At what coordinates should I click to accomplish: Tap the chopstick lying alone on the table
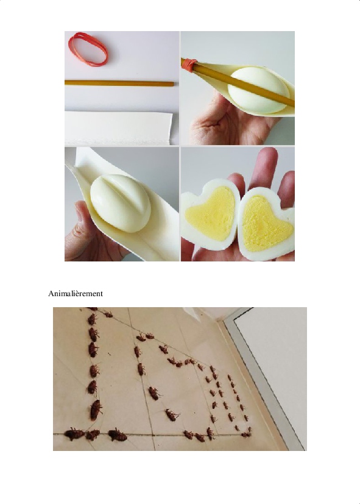119,83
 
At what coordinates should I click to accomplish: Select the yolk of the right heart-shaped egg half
265,224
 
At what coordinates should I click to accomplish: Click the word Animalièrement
76,294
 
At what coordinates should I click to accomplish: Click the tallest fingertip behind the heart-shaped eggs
266,157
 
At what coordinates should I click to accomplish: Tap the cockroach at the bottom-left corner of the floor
74,434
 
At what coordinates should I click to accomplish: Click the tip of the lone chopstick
173,84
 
